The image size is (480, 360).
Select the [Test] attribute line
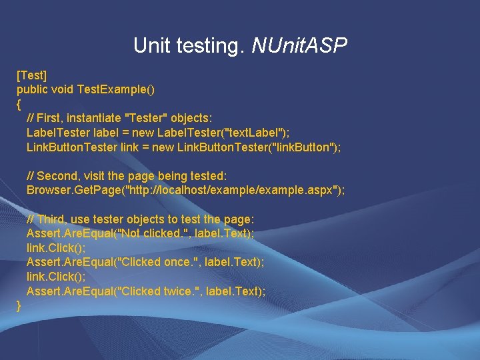(x=31, y=73)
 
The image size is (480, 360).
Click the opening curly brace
(x=19, y=103)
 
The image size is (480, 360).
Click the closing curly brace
(x=19, y=305)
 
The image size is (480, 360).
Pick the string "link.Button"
(x=298, y=147)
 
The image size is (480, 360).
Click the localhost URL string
(x=233, y=190)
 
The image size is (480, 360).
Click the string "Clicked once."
(x=155, y=262)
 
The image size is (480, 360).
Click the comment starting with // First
(x=119, y=117)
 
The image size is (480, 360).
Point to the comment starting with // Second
(x=127, y=175)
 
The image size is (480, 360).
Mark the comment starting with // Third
(x=141, y=219)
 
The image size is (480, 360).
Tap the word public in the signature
(x=33, y=88)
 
